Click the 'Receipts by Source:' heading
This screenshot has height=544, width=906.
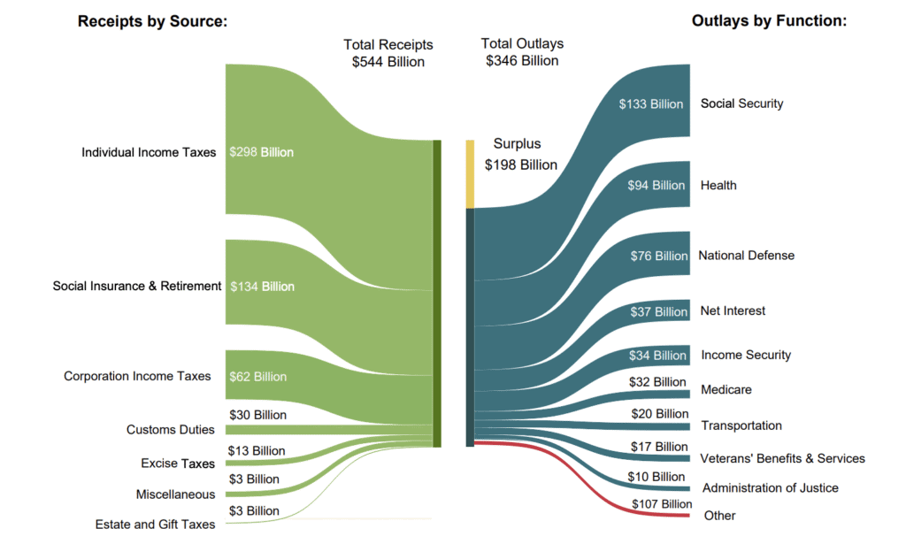[x=152, y=22]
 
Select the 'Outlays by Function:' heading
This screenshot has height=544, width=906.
[x=769, y=22]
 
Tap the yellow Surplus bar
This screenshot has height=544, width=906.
[x=471, y=173]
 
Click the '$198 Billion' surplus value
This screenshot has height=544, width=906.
[x=520, y=165]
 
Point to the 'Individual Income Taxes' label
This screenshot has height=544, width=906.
[x=149, y=152]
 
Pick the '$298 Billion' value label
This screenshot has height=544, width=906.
[x=261, y=152]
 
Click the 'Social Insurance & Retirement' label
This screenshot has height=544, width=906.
[x=137, y=286]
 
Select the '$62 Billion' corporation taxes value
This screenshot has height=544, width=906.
[x=257, y=377]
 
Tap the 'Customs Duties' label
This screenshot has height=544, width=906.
[x=171, y=430]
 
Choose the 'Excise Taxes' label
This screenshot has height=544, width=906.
[x=178, y=464]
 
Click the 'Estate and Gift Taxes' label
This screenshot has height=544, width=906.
[x=155, y=525]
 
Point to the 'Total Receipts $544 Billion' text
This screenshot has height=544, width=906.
[x=388, y=53]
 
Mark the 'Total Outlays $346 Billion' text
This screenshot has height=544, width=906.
[x=522, y=52]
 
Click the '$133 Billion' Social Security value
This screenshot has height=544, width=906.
[x=651, y=104]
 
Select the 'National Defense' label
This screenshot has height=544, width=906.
[x=746, y=256]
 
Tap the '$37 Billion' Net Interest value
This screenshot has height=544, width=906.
[x=658, y=311]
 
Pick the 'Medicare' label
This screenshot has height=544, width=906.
[x=726, y=390]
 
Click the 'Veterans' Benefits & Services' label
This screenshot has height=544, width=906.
[x=782, y=458]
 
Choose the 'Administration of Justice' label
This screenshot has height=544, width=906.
[x=770, y=488]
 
